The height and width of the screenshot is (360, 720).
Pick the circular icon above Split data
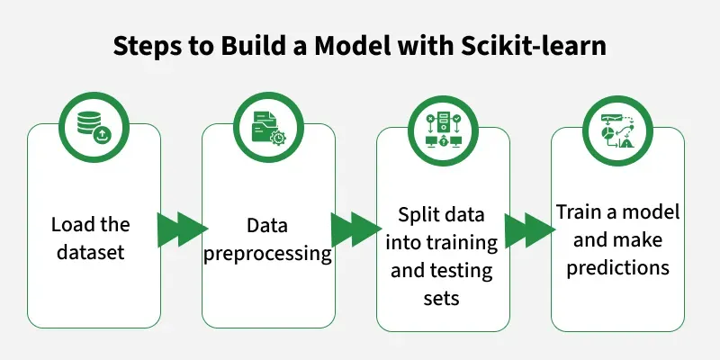pyautogui.click(x=443, y=125)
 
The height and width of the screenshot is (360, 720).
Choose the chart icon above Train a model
pyautogui.click(x=617, y=125)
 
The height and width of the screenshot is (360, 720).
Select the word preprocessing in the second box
pyautogui.click(x=268, y=253)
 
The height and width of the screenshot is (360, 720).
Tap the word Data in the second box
pyautogui.click(x=267, y=224)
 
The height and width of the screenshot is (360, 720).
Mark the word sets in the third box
pyautogui.click(x=442, y=297)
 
